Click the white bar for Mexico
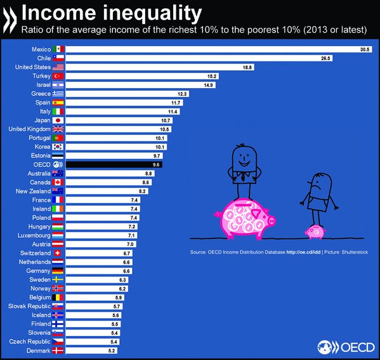pyautogui.click(x=216, y=49)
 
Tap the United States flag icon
pyautogui.click(x=58, y=67)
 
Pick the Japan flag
pyautogui.click(x=58, y=120)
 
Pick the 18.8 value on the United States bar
pyautogui.click(x=245, y=67)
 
